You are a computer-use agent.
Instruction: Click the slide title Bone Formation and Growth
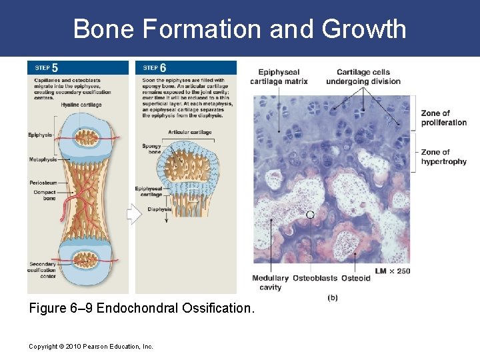[239, 29]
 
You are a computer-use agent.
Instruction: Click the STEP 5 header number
[54, 67]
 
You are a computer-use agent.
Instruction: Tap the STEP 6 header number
[163, 67]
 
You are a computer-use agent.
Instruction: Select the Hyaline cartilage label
[81, 105]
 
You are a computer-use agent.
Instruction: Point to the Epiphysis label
[40, 135]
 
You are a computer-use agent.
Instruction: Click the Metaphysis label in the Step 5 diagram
[43, 159]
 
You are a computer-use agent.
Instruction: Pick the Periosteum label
[43, 182]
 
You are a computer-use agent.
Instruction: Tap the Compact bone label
[45, 195]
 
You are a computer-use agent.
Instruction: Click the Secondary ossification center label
[42, 270]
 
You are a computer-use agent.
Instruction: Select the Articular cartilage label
[190, 132]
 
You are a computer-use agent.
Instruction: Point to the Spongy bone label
[151, 149]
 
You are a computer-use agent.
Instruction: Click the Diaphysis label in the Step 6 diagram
[159, 209]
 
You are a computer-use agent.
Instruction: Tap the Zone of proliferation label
[443, 118]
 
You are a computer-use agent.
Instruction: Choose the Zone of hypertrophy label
[443, 157]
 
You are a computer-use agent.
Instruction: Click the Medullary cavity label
[270, 283]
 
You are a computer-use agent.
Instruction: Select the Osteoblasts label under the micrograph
[315, 278]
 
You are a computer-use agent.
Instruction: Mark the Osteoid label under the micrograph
[355, 278]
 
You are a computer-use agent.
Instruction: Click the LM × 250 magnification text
[392, 271]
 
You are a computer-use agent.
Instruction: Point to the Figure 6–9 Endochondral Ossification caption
[142, 309]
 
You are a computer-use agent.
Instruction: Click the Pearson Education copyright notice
[91, 346]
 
